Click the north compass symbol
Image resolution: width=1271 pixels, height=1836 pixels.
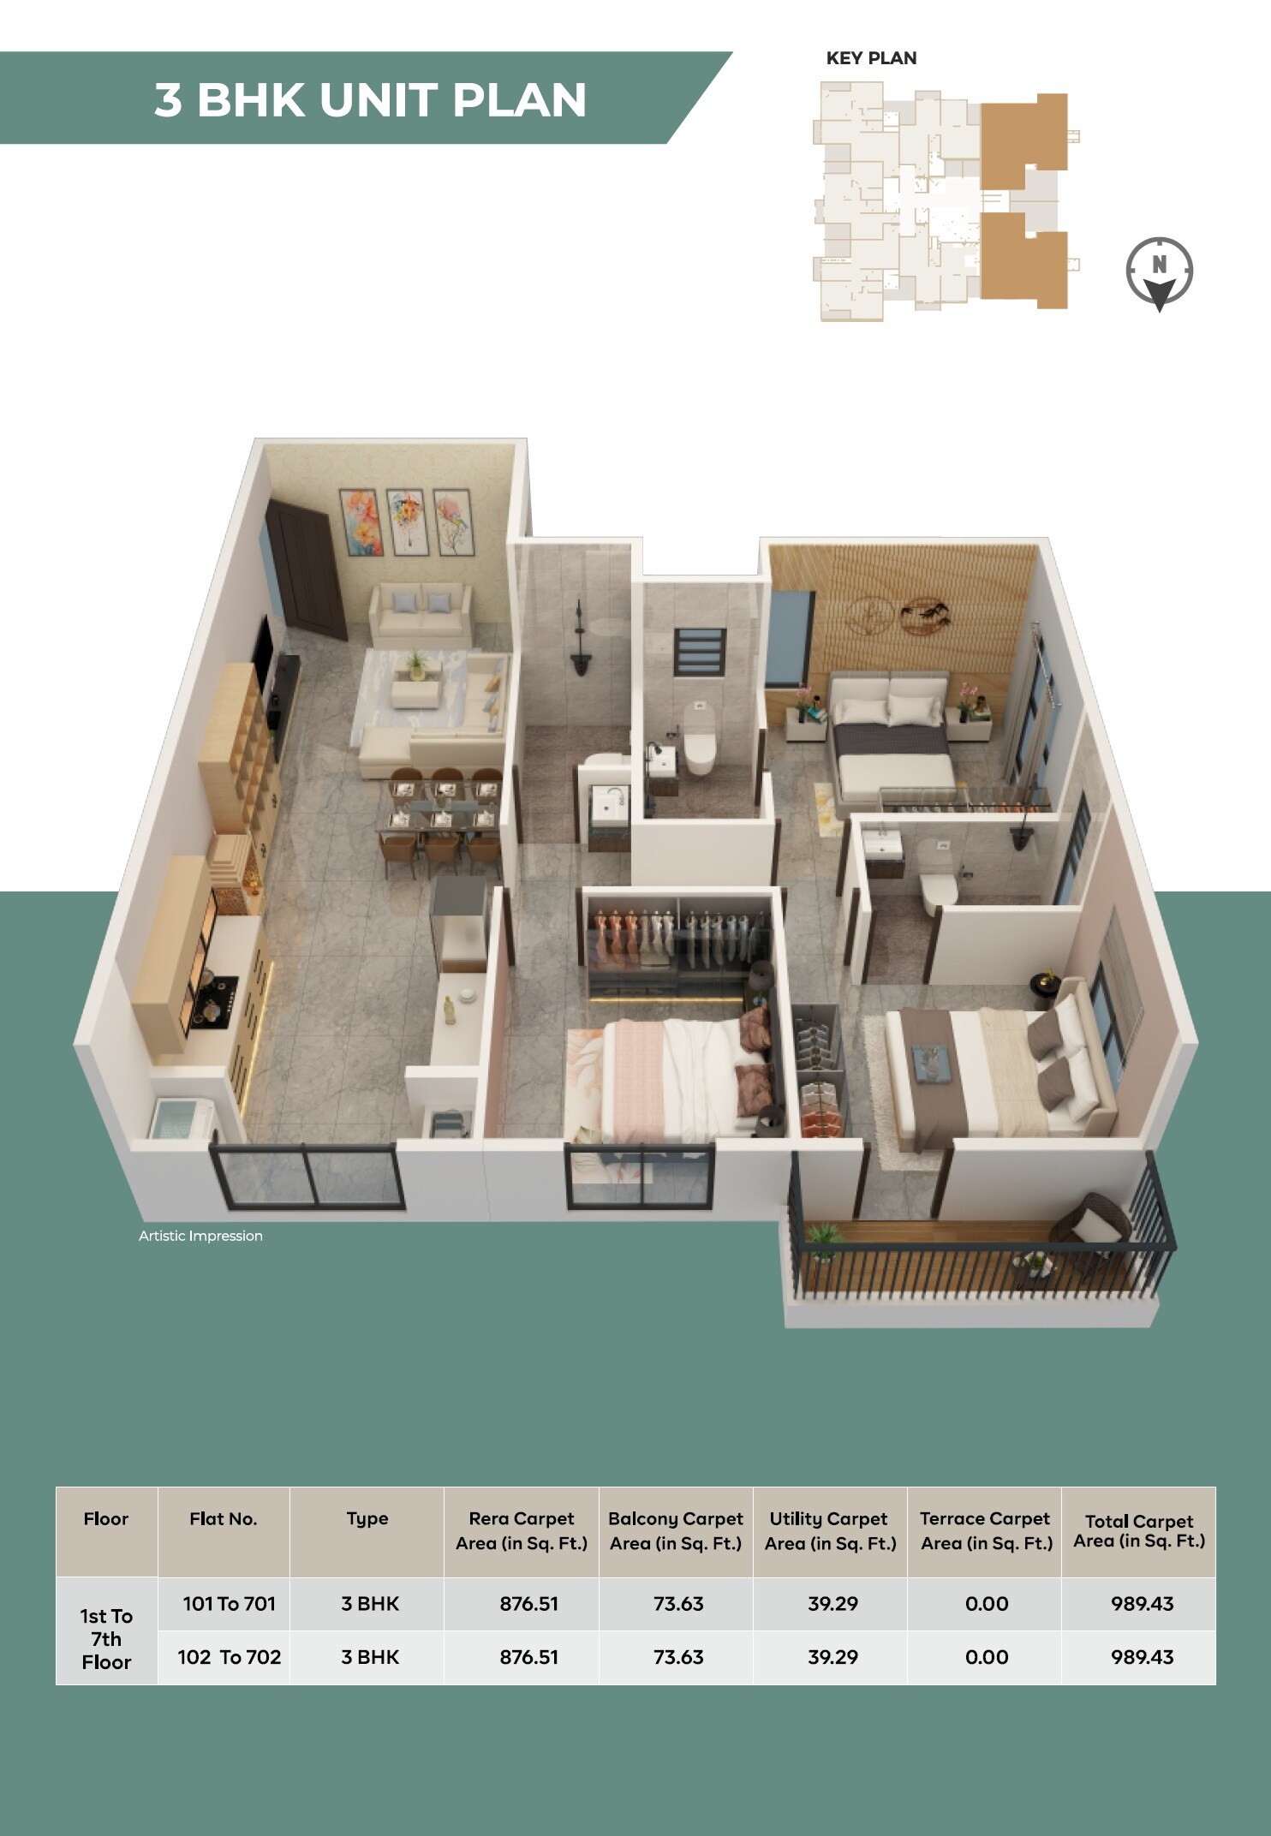(x=1159, y=272)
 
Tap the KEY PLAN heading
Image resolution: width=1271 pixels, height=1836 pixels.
(x=871, y=58)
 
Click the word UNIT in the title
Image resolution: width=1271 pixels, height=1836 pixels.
(x=379, y=100)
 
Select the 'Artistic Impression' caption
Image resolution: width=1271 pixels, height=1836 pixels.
(x=200, y=1236)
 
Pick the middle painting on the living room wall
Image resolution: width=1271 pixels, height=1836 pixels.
(x=406, y=522)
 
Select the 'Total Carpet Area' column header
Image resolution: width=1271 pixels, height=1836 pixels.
(x=1138, y=1531)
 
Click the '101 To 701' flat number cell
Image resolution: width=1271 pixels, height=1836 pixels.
(x=229, y=1604)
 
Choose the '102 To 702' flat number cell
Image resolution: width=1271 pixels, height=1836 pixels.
(x=229, y=1657)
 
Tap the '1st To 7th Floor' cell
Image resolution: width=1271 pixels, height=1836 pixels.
(x=106, y=1638)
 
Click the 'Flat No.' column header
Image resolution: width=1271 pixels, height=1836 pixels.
(x=223, y=1519)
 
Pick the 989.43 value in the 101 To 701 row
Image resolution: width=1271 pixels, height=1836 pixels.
(x=1142, y=1604)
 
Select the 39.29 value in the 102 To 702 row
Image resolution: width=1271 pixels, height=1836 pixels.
(x=832, y=1657)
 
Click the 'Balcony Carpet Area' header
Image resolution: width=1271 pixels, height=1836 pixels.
(x=676, y=1531)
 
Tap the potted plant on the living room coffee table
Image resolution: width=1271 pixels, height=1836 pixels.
(x=416, y=664)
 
